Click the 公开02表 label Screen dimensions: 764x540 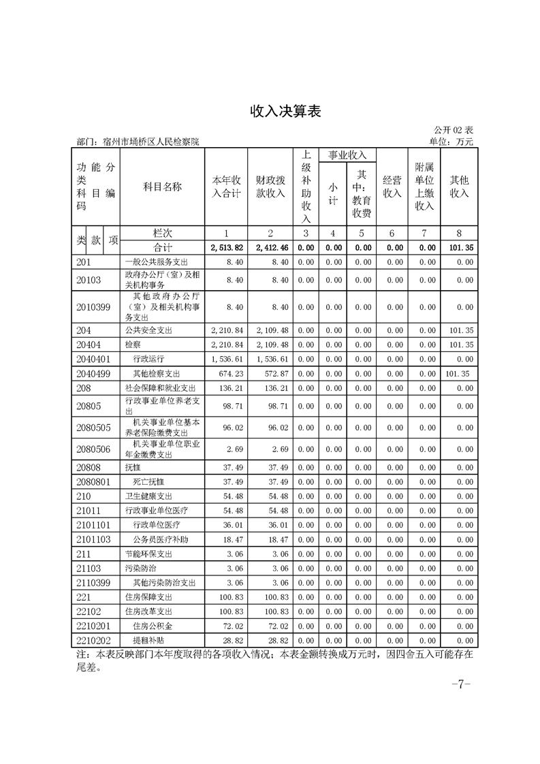click(453, 129)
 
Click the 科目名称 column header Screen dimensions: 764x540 click(162, 187)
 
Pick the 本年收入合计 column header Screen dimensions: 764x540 click(226, 187)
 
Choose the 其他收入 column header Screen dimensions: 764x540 click(459, 187)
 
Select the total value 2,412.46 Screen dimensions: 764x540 click(270, 248)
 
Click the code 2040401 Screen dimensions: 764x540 click(93, 358)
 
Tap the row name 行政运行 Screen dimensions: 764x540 click(148, 358)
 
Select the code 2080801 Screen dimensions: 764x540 click(93, 481)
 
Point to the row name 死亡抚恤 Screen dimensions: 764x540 click(148, 481)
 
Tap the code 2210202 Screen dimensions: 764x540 click(93, 640)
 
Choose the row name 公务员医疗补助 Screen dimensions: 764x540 click(160, 539)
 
